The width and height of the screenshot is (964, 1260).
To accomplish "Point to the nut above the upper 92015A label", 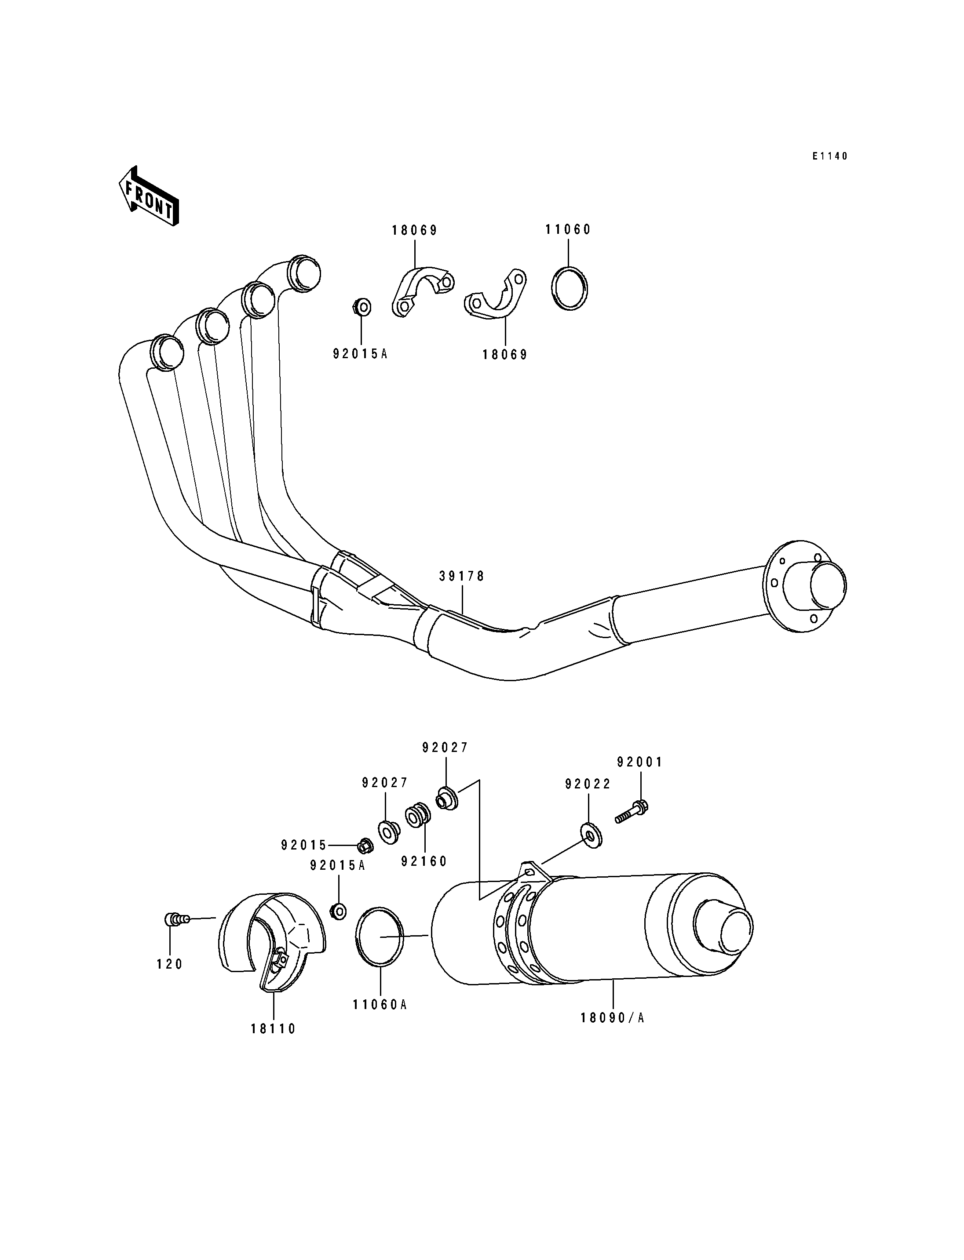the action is coord(362,307).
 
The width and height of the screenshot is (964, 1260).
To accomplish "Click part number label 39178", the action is coord(462,576).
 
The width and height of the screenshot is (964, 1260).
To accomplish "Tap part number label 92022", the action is coord(588,784).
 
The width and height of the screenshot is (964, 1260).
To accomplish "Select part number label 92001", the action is coord(640,762).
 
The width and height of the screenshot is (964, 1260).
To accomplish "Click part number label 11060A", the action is coord(380,1005).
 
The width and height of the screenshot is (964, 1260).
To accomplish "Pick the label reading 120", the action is coord(169,965).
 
